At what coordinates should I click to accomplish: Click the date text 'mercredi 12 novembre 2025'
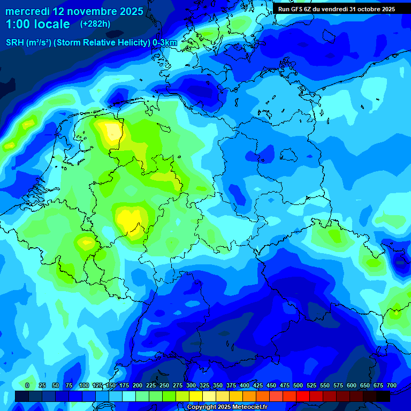click(74, 11)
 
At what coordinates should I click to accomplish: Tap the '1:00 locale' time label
click(38, 24)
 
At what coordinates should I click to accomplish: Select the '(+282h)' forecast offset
click(95, 24)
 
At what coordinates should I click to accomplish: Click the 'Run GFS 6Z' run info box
click(337, 9)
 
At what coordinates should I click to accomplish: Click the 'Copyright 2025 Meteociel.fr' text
click(227, 407)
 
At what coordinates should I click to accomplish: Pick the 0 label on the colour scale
click(27, 386)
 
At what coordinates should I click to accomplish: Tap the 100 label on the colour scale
click(84, 386)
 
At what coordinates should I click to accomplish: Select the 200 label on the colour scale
click(138, 386)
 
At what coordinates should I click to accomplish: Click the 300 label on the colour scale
click(191, 386)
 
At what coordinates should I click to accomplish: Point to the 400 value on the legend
click(245, 386)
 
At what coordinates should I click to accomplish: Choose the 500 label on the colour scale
click(298, 386)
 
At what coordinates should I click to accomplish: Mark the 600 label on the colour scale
click(352, 386)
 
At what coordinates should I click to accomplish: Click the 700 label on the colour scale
click(391, 386)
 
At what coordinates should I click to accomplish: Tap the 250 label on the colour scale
click(164, 386)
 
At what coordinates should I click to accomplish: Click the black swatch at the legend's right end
click(383, 396)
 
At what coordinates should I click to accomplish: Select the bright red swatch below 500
click(303, 396)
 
